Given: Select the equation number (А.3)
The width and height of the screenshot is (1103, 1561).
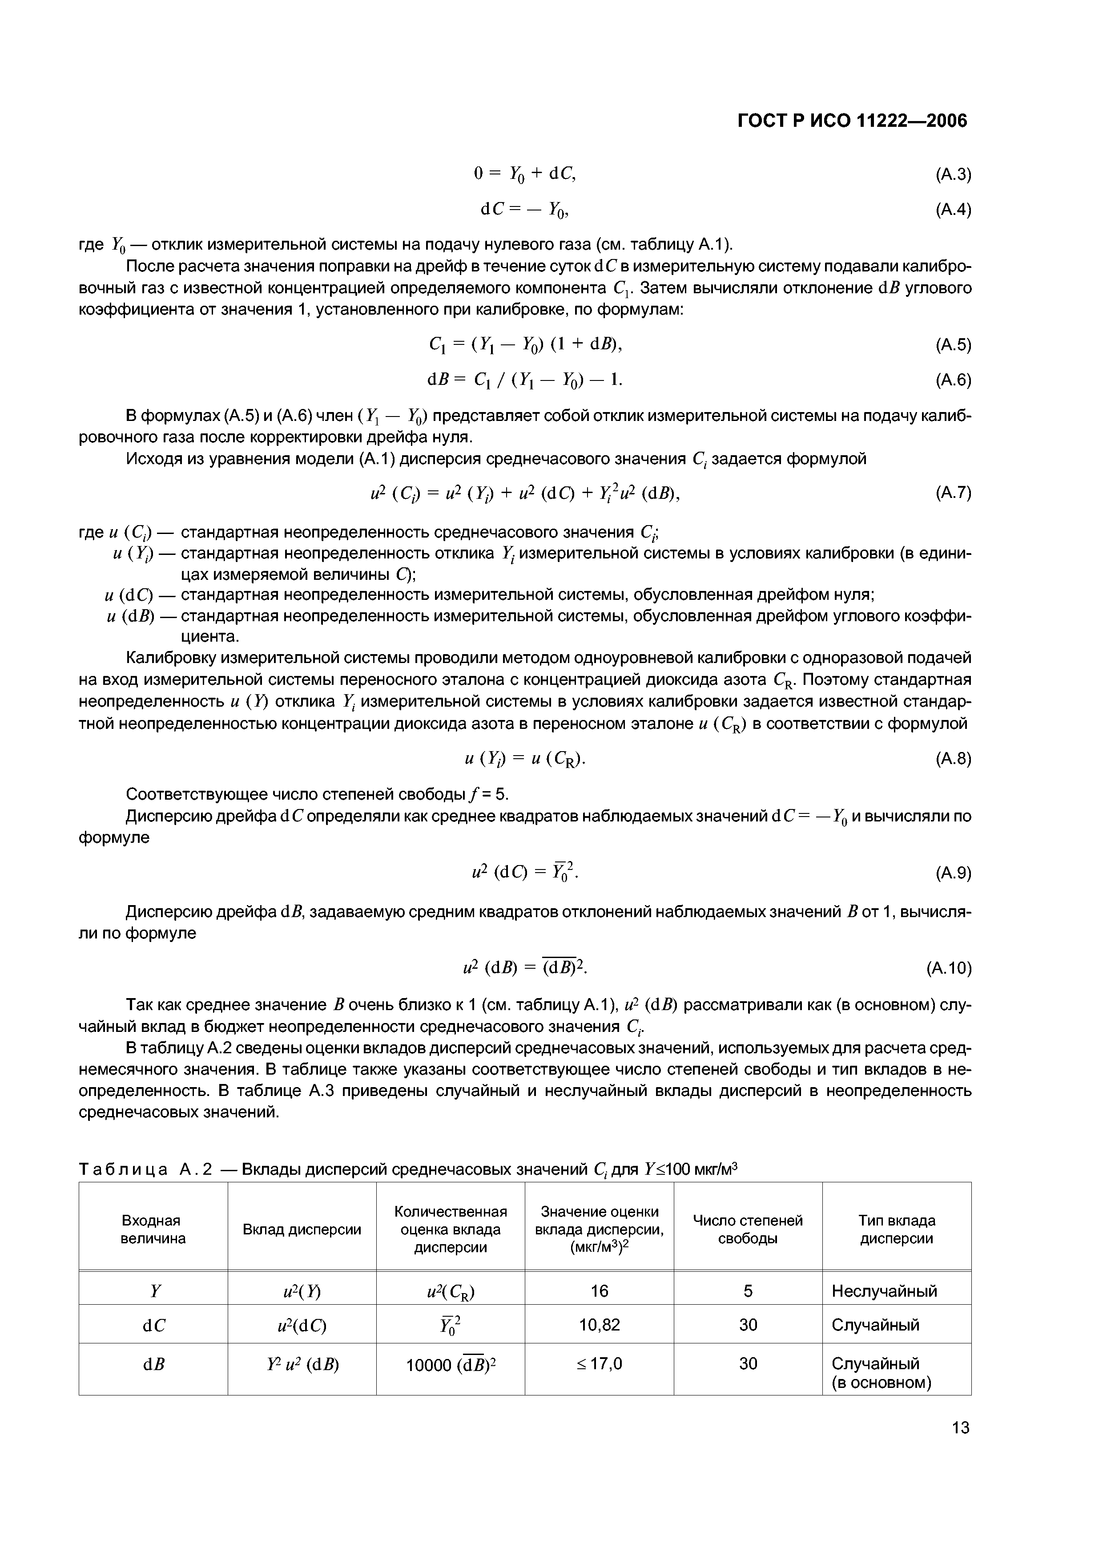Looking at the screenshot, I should (953, 175).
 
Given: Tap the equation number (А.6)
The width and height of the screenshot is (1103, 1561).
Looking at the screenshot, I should (953, 380).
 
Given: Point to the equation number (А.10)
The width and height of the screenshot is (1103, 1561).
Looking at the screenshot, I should (949, 967).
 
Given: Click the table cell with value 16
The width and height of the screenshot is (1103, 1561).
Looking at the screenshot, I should (600, 1290).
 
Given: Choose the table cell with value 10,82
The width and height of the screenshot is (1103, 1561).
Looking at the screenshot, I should (600, 1324).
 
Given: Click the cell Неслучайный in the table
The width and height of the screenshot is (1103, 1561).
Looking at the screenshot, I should (884, 1290).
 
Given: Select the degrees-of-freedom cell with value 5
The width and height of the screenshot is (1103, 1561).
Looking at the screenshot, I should (748, 1290).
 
